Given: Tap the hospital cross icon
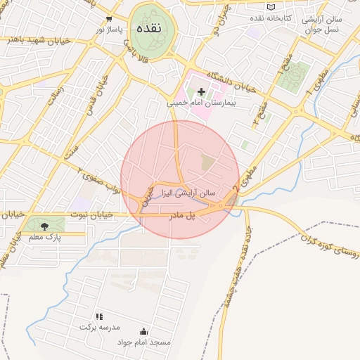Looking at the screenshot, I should coord(202,91).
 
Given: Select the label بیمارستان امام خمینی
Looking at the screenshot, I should coord(199,103).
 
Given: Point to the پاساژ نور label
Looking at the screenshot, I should coord(109,30).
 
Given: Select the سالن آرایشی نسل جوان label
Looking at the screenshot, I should coord(323,23).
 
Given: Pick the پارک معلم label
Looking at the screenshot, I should coord(46,237).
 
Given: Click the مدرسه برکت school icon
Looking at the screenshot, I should coord(99,317).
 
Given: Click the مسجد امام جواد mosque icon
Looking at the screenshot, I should coord(144,331).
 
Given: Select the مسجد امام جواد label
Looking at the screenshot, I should coord(144,342).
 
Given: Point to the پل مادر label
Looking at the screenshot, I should coord(180,215).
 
